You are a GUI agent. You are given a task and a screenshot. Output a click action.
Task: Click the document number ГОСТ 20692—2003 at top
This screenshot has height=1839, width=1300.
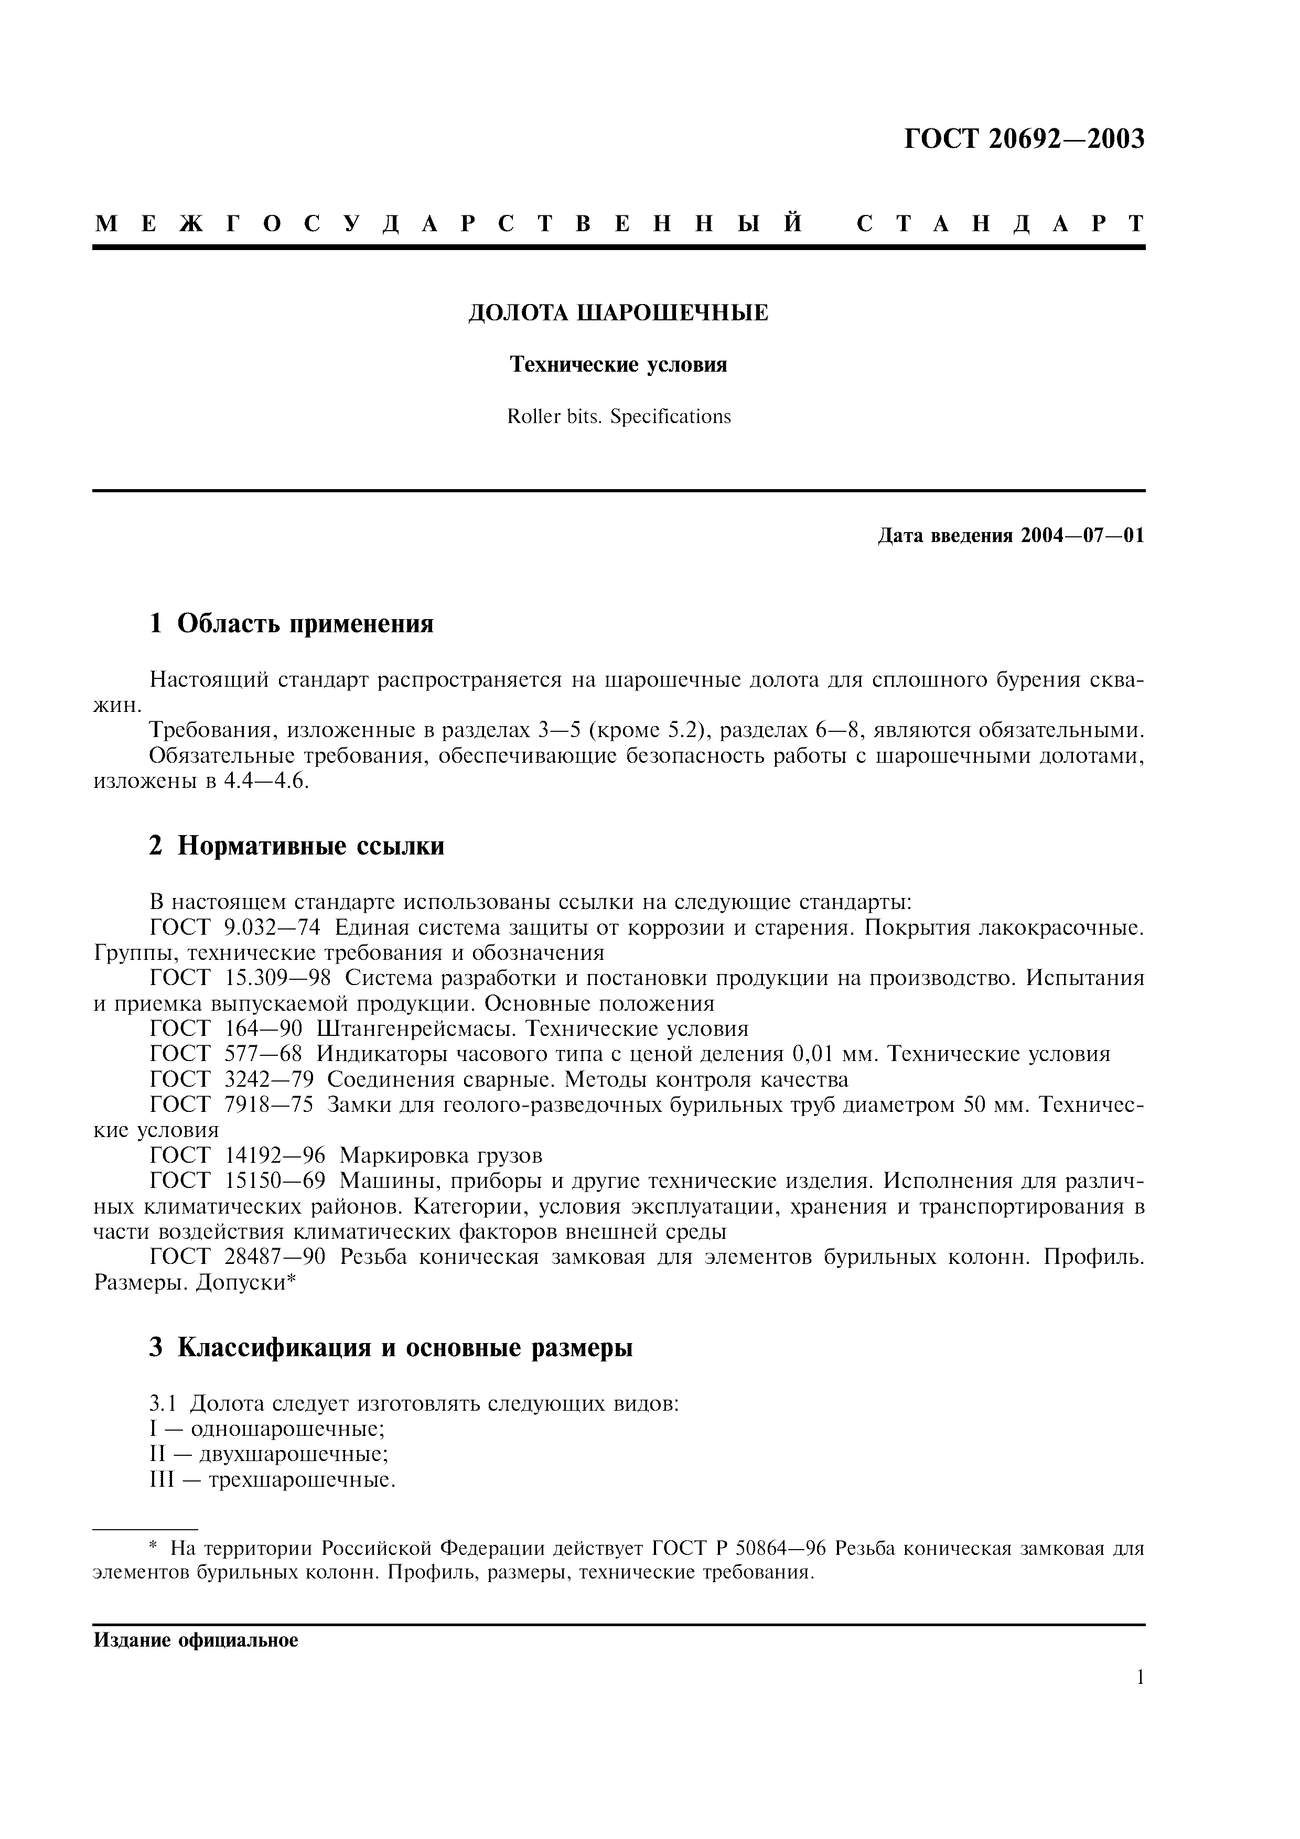pyautogui.click(x=1024, y=139)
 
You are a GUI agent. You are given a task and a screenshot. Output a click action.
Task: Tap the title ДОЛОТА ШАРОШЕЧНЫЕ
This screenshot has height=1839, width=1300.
pyautogui.click(x=618, y=313)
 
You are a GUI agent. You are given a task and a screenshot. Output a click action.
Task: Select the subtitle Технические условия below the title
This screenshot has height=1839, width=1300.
pyautogui.click(x=618, y=365)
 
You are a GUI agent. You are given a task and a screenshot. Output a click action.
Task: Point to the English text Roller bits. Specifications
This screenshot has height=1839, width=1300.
pyautogui.click(x=618, y=416)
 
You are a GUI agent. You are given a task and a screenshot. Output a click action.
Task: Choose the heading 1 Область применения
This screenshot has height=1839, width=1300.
pyautogui.click(x=292, y=622)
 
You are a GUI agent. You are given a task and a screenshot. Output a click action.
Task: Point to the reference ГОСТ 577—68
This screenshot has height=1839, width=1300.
pyautogui.click(x=226, y=1054)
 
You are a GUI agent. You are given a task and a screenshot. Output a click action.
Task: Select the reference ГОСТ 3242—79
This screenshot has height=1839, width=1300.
pyautogui.click(x=231, y=1080)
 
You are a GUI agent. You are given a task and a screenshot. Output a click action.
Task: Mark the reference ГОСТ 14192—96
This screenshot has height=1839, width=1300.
pyautogui.click(x=237, y=1156)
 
